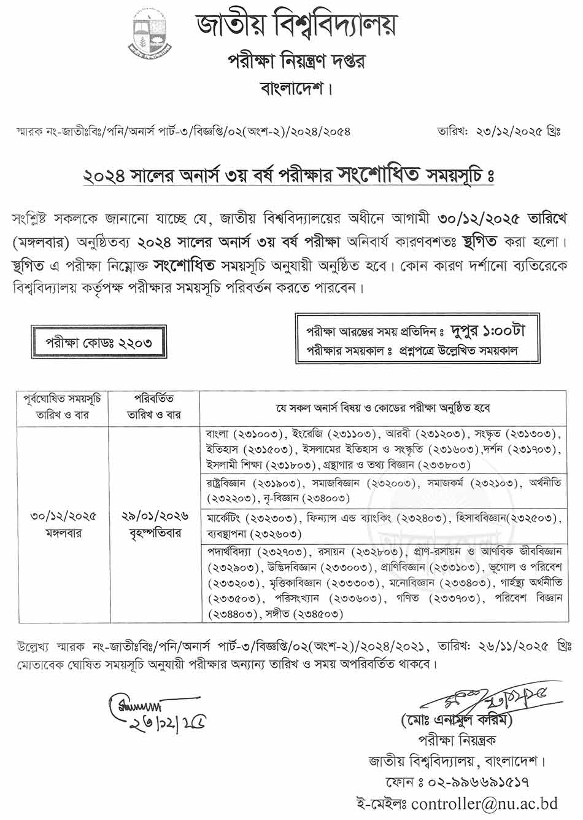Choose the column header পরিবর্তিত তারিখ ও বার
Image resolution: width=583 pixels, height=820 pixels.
(x=154, y=407)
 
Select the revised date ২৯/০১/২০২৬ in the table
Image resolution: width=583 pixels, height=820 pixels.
(x=154, y=517)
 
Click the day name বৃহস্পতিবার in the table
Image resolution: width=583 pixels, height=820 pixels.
(x=154, y=533)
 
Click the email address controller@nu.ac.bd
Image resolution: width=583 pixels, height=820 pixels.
(x=485, y=803)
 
